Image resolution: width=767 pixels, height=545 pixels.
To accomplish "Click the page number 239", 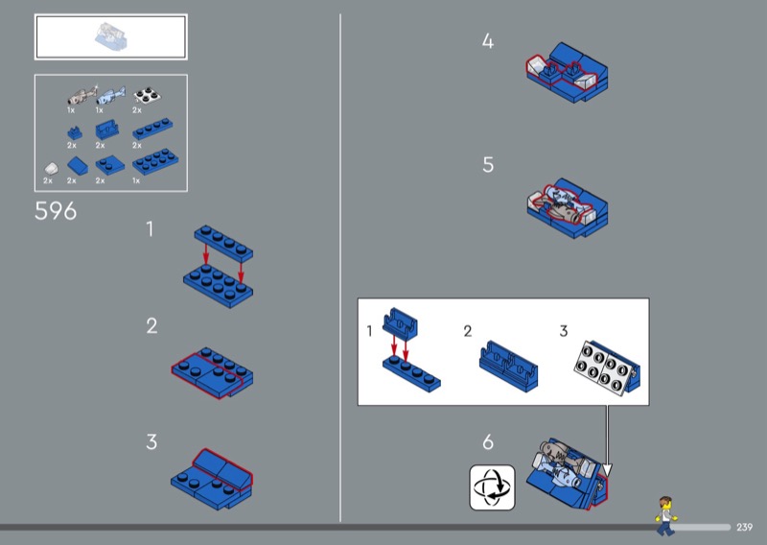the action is pyautogui.click(x=744, y=527).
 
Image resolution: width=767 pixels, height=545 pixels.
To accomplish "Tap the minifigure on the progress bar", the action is pyautogui.click(x=665, y=516).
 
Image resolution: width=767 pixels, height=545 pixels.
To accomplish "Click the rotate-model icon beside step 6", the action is pyautogui.click(x=492, y=487).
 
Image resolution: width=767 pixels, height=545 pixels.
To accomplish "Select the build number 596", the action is pyautogui.click(x=56, y=211).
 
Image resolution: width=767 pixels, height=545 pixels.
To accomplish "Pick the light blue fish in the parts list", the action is pyautogui.click(x=111, y=95).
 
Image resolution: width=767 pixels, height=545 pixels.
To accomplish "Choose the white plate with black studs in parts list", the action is pyautogui.click(x=147, y=95).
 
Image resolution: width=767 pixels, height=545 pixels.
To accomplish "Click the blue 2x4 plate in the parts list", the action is pyautogui.click(x=155, y=162).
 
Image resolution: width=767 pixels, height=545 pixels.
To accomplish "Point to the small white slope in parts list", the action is pyautogui.click(x=51, y=169).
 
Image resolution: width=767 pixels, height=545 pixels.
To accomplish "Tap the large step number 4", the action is pyautogui.click(x=488, y=41).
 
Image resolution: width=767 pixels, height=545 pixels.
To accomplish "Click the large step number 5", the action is pyautogui.click(x=488, y=164).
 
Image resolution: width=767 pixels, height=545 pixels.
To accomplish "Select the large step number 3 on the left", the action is pyautogui.click(x=151, y=441).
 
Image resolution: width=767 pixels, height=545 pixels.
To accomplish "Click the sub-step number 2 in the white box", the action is pyautogui.click(x=468, y=331).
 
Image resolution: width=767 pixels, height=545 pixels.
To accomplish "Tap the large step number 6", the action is pyautogui.click(x=488, y=441).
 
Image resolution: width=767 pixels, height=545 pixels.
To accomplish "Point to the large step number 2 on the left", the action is pyautogui.click(x=151, y=325).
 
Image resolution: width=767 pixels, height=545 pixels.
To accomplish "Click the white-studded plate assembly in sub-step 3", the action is pyautogui.click(x=607, y=367).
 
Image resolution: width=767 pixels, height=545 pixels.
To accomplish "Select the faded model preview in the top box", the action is pyautogui.click(x=111, y=36).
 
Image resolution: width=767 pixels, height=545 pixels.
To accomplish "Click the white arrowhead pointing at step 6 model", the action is pyautogui.click(x=607, y=470).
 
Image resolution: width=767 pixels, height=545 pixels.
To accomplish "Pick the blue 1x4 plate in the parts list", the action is pyautogui.click(x=152, y=129).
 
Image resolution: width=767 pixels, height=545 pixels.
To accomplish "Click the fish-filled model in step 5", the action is pyautogui.click(x=568, y=207).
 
